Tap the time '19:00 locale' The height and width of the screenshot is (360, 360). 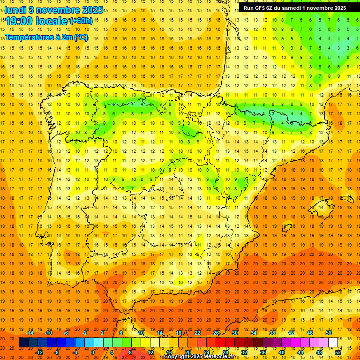click(37, 21)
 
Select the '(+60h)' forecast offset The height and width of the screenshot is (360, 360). click(81, 21)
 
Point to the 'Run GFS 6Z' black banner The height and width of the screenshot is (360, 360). click(295, 7)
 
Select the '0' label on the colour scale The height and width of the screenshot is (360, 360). click(93, 352)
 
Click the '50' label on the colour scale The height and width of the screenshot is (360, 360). click(328, 333)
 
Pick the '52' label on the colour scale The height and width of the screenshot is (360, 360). click(338, 352)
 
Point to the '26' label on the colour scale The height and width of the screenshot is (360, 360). click(216, 333)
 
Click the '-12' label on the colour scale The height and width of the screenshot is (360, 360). click(39, 352)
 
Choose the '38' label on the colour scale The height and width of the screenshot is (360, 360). click(272, 333)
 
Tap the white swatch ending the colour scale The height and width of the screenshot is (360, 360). click(333, 342)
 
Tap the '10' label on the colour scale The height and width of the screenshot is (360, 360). click(141, 333)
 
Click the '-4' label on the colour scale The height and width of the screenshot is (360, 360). click(75, 352)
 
